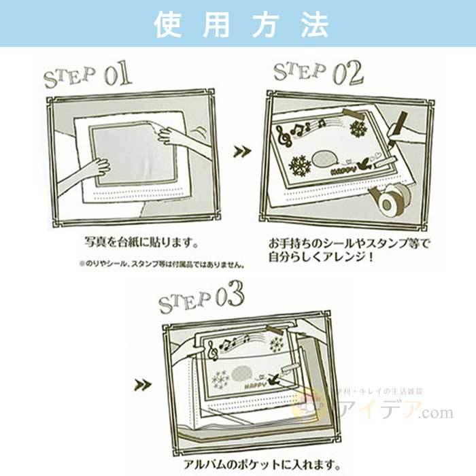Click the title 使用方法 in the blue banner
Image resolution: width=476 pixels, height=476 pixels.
pyautogui.click(x=238, y=24)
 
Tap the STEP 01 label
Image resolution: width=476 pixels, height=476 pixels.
pyautogui.click(x=87, y=75)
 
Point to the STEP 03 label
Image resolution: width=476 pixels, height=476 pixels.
pyautogui.click(x=201, y=296)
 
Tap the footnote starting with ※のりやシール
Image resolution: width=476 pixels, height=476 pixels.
pyautogui.click(x=160, y=262)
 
